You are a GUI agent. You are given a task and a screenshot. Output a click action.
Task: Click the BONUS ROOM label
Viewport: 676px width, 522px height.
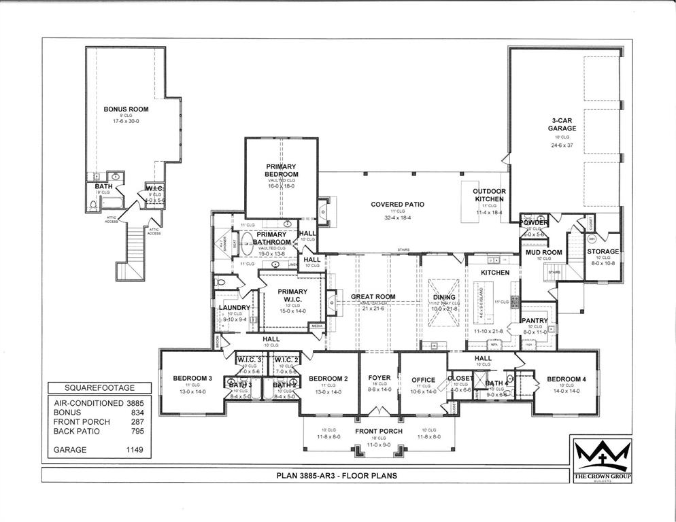(126, 109)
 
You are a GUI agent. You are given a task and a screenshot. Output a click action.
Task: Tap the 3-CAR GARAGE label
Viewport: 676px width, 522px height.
(561, 124)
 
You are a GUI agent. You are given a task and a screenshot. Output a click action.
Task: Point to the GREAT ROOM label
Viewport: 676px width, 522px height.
(373, 297)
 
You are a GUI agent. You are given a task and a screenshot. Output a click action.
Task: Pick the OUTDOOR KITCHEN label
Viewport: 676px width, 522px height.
(490, 195)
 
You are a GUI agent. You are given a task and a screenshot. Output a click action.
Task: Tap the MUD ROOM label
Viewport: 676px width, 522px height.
(543, 253)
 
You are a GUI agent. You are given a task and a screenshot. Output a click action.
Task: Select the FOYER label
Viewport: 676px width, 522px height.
(379, 378)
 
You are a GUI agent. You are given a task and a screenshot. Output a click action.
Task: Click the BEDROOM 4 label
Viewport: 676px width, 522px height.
(565, 379)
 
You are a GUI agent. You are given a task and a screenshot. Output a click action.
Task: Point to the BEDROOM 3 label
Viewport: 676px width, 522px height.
(192, 378)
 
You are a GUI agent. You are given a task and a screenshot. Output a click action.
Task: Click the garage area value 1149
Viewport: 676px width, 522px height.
(133, 449)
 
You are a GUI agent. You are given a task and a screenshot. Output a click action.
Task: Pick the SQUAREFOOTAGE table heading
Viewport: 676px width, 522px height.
(99, 388)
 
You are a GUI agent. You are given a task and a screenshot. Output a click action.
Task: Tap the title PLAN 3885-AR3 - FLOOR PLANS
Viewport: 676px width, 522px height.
(337, 476)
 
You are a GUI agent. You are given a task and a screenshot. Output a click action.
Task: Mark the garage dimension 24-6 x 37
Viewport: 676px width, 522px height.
(561, 145)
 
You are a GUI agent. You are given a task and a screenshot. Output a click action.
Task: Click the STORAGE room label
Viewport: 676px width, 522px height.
(603, 251)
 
